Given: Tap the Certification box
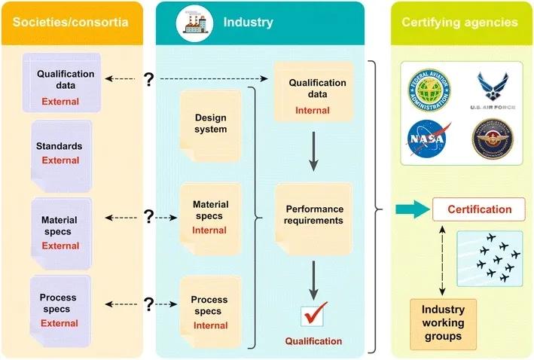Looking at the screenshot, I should coord(480,209).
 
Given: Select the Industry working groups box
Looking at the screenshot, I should coord(443,322).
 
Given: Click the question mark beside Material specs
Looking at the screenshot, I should coord(148,218).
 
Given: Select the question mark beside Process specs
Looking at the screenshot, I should coord(148,304).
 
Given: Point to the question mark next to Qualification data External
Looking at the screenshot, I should coord(148,78).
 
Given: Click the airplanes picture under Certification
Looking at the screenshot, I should coord(490,257).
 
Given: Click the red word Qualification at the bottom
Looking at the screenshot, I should coord(313,341).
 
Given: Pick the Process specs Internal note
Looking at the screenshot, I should coord(209,312).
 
